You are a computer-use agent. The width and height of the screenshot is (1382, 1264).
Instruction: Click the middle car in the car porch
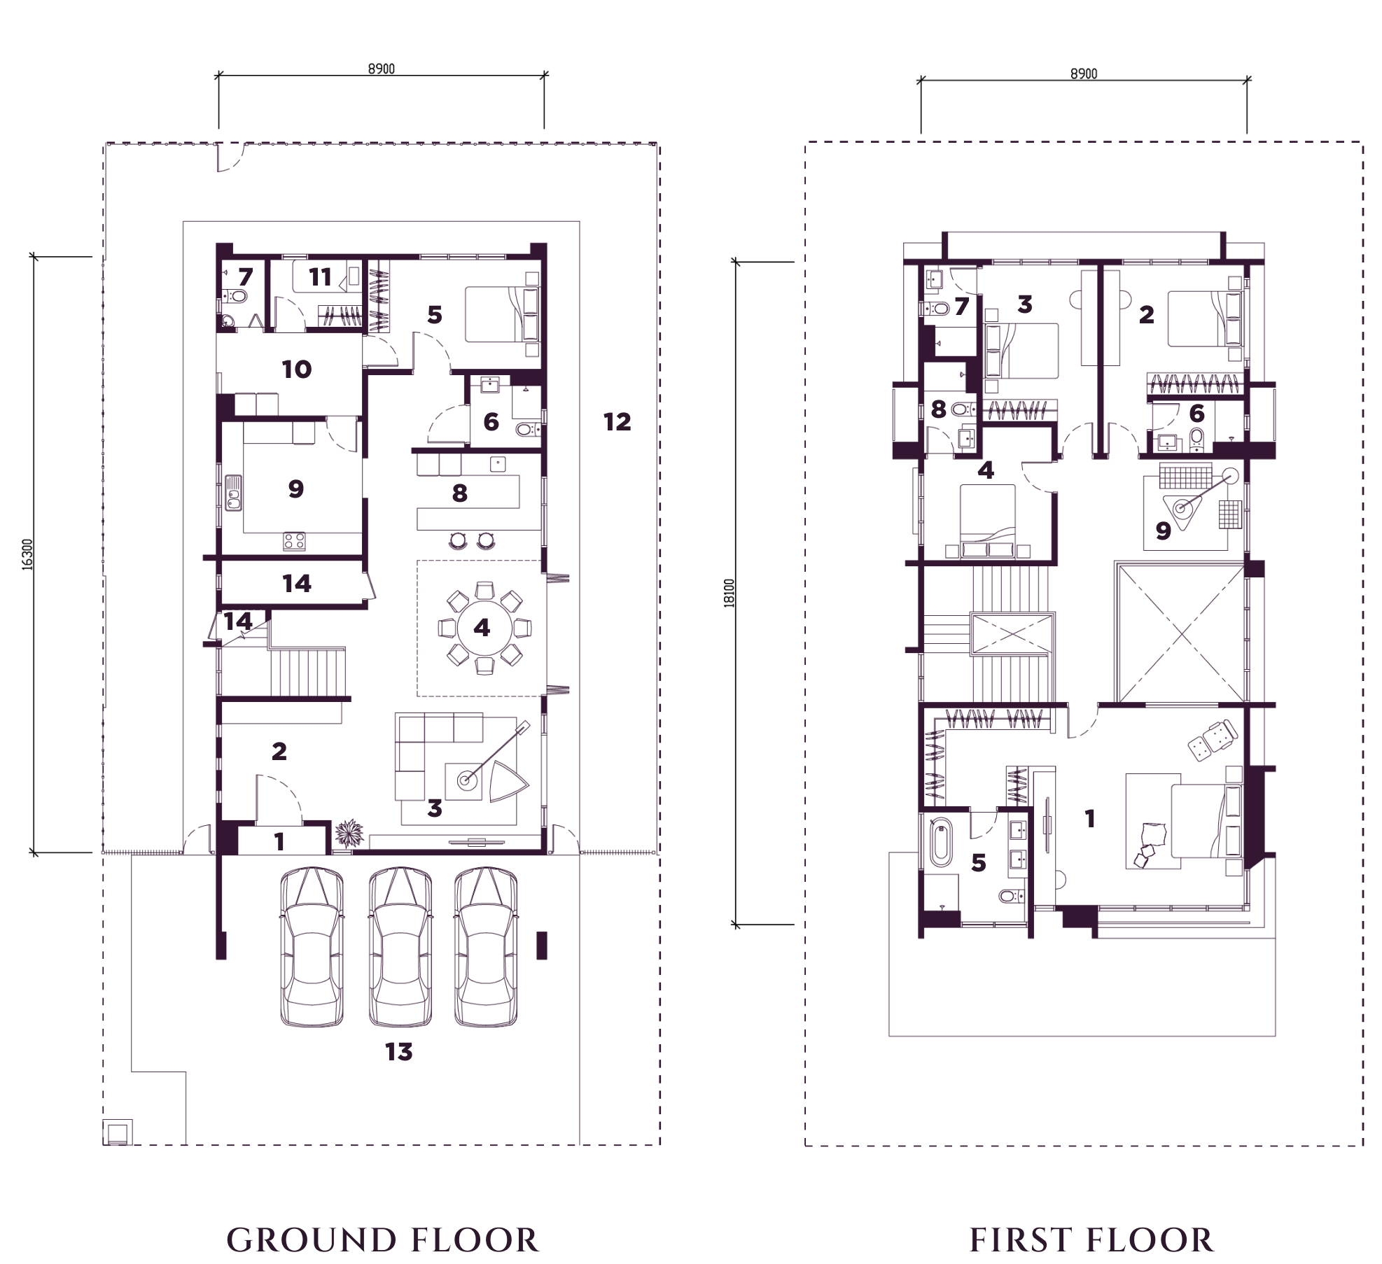point(399,948)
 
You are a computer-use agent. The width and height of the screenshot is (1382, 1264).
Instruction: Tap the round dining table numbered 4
point(482,628)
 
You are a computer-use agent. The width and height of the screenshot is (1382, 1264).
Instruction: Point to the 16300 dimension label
point(27,554)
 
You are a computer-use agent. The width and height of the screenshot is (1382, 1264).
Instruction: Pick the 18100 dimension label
point(730,594)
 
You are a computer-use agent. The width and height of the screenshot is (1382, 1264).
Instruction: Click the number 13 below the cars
point(399,1051)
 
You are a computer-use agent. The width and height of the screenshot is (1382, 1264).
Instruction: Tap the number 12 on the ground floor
point(617,421)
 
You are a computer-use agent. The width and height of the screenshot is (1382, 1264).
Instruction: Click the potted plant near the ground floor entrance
point(349,834)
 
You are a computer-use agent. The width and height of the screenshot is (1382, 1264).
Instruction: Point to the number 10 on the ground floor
point(296,369)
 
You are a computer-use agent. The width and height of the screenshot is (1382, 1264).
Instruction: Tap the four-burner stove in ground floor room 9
point(294,541)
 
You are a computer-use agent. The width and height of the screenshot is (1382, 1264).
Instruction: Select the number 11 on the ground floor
point(320,277)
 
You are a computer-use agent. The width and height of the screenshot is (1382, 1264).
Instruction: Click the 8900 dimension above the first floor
point(1084,73)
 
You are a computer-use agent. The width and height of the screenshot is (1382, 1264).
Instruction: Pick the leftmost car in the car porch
point(312,948)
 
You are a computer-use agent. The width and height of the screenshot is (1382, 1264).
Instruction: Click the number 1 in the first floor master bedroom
point(1089,818)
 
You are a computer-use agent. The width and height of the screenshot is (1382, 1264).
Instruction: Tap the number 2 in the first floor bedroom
point(1146,315)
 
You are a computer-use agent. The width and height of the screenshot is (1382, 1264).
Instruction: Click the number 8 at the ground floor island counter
point(459,493)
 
